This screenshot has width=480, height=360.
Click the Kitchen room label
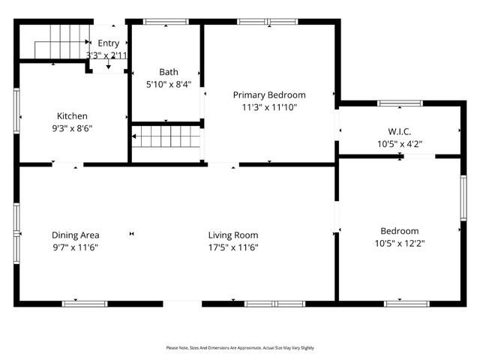73,116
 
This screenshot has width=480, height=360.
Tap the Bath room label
168,72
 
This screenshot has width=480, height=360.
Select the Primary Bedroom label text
269,95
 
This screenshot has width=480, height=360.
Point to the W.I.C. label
399,131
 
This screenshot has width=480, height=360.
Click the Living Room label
233,235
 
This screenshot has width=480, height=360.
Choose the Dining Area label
76,235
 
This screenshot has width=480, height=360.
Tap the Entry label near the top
108,43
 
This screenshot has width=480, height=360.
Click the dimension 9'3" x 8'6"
73,128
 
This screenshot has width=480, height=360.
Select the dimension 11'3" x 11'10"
269,107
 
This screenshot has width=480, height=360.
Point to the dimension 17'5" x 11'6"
233,247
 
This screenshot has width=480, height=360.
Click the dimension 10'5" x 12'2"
399,244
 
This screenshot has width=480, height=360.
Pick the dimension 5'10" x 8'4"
168,85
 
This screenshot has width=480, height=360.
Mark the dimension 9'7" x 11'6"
76,247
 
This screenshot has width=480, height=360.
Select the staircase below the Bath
167,136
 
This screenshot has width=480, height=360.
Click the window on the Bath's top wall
166,22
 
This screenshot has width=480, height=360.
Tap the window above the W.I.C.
400,103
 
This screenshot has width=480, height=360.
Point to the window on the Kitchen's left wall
16,112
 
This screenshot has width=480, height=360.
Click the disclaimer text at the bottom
240,348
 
